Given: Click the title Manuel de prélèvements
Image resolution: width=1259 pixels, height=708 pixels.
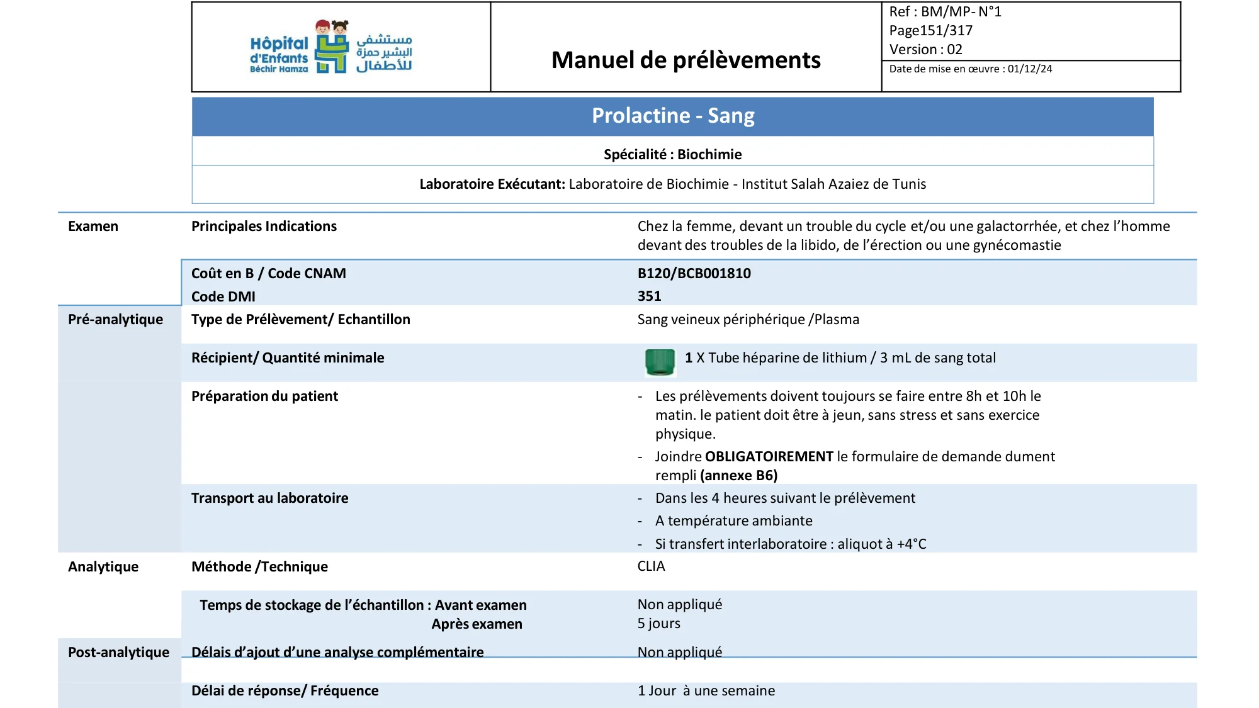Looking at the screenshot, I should pyautogui.click(x=686, y=60).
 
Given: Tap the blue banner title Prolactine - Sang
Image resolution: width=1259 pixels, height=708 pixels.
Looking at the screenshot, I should pyautogui.click(x=672, y=116).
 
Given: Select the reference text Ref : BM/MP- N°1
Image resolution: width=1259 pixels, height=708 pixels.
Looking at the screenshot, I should pyautogui.click(x=944, y=11).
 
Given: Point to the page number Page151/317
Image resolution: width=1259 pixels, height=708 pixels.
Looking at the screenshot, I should pyautogui.click(x=930, y=30).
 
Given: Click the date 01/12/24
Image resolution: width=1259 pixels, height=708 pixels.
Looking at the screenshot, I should pyautogui.click(x=1029, y=69).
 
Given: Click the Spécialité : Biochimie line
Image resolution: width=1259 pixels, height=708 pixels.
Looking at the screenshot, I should pyautogui.click(x=672, y=154).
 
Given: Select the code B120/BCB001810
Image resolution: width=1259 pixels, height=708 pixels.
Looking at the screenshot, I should pyautogui.click(x=694, y=273).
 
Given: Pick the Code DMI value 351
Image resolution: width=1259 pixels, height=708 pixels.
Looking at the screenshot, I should pyautogui.click(x=649, y=296).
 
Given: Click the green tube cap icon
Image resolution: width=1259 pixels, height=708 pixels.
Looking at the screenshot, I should pyautogui.click(x=660, y=362).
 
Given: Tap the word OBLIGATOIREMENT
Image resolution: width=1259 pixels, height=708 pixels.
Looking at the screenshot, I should pyautogui.click(x=769, y=456).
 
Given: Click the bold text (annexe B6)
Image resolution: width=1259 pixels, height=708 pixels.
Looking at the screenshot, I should pyautogui.click(x=738, y=475).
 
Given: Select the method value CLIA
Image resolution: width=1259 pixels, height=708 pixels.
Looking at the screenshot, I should pyautogui.click(x=651, y=566).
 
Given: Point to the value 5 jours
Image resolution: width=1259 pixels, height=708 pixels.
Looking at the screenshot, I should pyautogui.click(x=658, y=623).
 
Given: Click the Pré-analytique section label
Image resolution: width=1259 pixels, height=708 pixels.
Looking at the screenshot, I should pyautogui.click(x=115, y=319).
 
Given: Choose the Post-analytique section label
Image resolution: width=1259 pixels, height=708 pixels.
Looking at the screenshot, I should pyautogui.click(x=118, y=652).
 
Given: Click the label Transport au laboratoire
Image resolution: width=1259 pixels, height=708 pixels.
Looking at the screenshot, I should pyautogui.click(x=269, y=498).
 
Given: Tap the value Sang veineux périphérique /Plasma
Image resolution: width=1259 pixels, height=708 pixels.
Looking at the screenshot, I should pyautogui.click(x=748, y=319).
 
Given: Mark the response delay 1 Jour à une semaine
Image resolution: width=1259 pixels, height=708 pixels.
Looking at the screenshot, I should pyautogui.click(x=706, y=690).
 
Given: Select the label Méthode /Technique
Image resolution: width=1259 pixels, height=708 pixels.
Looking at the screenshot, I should pyautogui.click(x=259, y=566).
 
